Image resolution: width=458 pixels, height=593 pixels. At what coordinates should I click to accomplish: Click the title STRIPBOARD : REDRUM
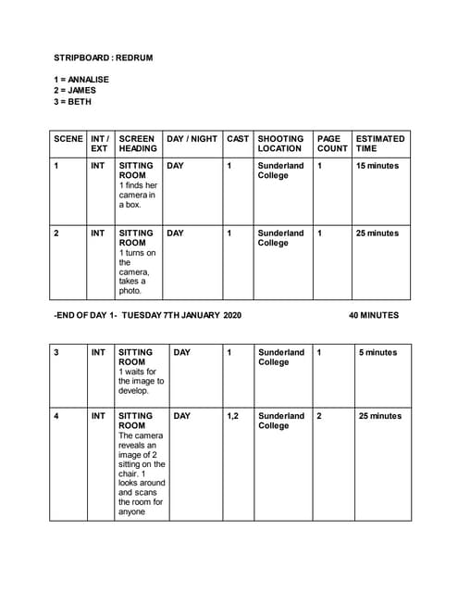[103, 57]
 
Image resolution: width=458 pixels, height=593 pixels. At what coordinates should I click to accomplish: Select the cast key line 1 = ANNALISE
[81, 80]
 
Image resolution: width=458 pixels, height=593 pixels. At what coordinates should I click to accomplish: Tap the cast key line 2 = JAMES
[74, 91]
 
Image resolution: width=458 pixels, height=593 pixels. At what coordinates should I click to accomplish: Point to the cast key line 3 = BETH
[72, 102]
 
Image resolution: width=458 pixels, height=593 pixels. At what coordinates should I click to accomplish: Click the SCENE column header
[68, 139]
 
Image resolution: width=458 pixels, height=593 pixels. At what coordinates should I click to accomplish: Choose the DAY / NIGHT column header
[192, 139]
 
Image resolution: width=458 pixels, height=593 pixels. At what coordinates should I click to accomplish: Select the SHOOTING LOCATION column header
[279, 144]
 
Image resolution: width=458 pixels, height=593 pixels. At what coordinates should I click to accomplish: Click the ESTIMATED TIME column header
[379, 144]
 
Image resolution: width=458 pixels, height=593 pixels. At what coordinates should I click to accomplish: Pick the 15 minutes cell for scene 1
[377, 166]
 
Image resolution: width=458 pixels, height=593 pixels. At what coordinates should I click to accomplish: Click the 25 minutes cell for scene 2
[377, 233]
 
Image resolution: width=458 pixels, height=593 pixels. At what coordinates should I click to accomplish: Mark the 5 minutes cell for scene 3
[378, 353]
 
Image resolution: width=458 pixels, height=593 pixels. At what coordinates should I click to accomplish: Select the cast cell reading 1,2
[232, 417]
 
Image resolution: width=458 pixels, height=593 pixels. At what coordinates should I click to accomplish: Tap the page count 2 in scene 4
[319, 417]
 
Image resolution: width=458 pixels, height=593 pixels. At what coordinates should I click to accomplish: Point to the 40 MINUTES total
[374, 316]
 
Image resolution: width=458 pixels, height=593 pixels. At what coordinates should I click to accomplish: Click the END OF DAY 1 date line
[147, 316]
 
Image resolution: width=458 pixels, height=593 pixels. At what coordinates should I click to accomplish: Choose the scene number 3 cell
[56, 353]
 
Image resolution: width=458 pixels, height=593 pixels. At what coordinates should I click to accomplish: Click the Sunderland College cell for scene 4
[280, 422]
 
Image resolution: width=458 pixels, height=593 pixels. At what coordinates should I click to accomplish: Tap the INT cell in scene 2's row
[97, 233]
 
